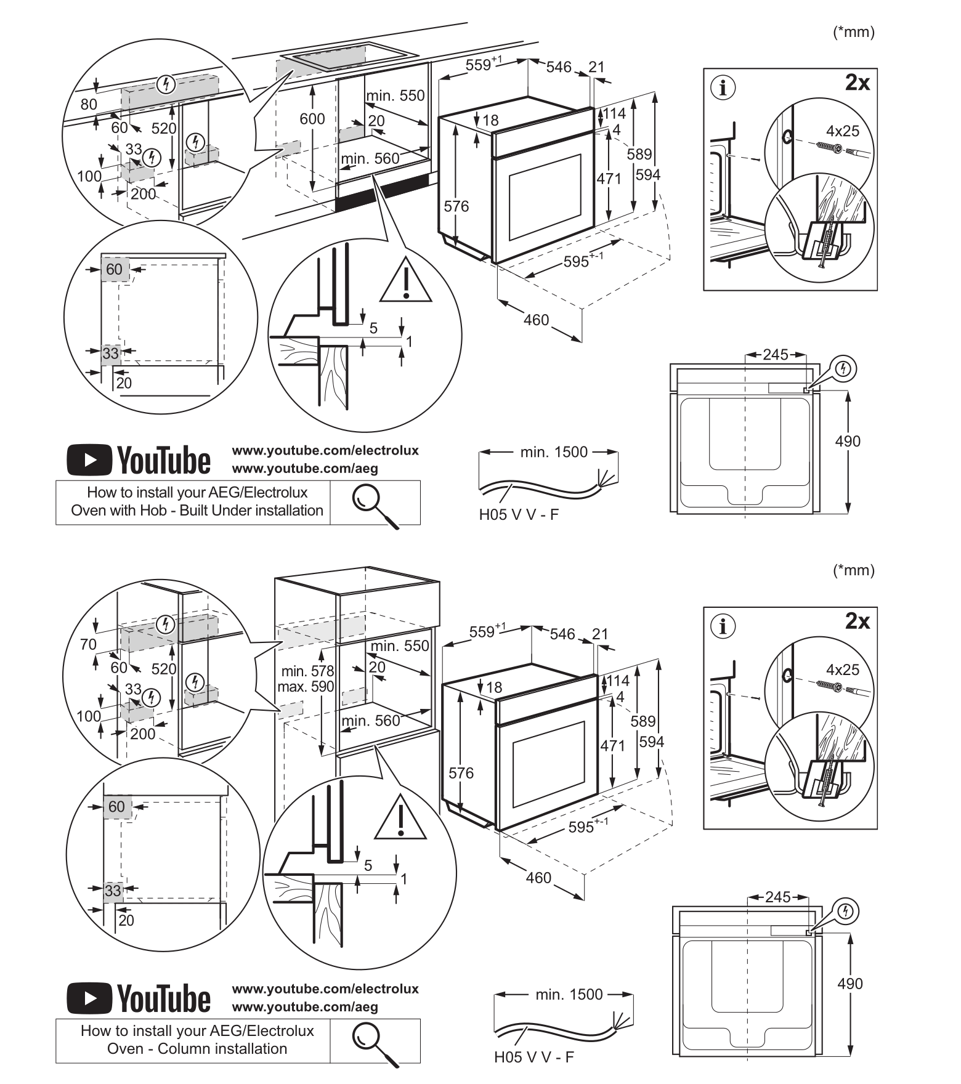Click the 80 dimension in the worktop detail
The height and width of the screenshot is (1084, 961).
coord(89,104)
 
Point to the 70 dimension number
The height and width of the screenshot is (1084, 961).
coord(89,644)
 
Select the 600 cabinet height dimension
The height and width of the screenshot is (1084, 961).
coord(312,119)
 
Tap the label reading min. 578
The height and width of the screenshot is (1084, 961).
coord(308,671)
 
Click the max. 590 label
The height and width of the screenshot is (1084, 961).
coord(306,687)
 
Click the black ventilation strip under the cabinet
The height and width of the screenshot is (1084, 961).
coord(382,192)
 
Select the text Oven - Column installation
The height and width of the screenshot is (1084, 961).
coord(197,1049)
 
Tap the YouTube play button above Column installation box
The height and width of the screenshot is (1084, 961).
coord(90,998)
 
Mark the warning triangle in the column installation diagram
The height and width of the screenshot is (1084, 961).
coord(400,817)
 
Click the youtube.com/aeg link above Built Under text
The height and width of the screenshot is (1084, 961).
coord(305,468)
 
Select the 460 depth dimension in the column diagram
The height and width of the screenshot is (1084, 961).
coord(538,878)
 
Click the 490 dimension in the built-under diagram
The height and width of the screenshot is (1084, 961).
coord(848,441)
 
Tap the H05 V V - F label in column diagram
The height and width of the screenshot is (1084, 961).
coord(533,1058)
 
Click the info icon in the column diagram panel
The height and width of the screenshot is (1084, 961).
coord(723,626)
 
